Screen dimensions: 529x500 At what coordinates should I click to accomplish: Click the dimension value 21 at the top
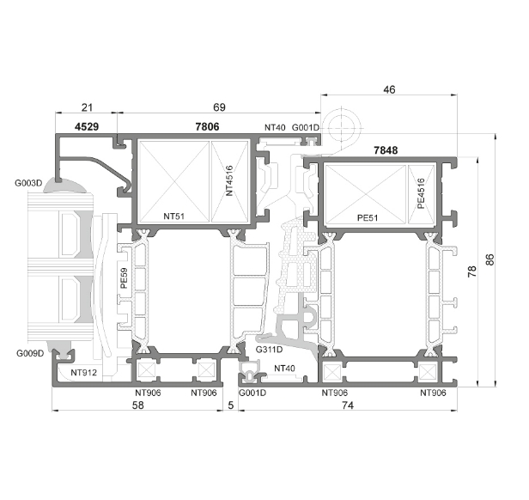(87, 107)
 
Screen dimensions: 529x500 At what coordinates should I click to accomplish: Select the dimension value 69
(219, 107)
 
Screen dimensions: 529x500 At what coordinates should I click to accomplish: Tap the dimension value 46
(389, 89)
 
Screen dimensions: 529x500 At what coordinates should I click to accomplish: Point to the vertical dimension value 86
(489, 259)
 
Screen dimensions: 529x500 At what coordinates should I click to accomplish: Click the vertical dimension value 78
(472, 271)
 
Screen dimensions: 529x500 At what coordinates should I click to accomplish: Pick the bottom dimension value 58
(137, 405)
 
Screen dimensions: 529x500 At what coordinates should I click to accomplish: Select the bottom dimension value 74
(348, 405)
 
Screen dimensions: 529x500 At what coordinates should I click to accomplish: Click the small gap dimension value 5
(231, 405)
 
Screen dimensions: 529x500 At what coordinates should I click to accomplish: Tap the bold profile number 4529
(87, 126)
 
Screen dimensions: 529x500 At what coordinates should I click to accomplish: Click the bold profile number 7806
(207, 126)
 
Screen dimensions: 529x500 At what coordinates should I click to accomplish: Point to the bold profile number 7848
(386, 149)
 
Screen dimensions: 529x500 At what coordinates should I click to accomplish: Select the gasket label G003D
(28, 183)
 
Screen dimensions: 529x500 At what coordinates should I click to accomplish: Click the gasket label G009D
(30, 353)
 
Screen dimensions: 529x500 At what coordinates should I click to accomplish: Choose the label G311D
(269, 350)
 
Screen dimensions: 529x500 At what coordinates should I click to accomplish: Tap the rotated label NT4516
(229, 180)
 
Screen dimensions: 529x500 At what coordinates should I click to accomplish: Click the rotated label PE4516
(421, 193)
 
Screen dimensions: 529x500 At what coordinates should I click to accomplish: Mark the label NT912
(83, 373)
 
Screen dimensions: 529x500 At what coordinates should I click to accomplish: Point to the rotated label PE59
(124, 278)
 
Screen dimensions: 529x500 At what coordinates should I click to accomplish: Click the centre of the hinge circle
(342, 128)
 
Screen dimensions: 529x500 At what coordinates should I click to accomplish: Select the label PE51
(368, 217)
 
